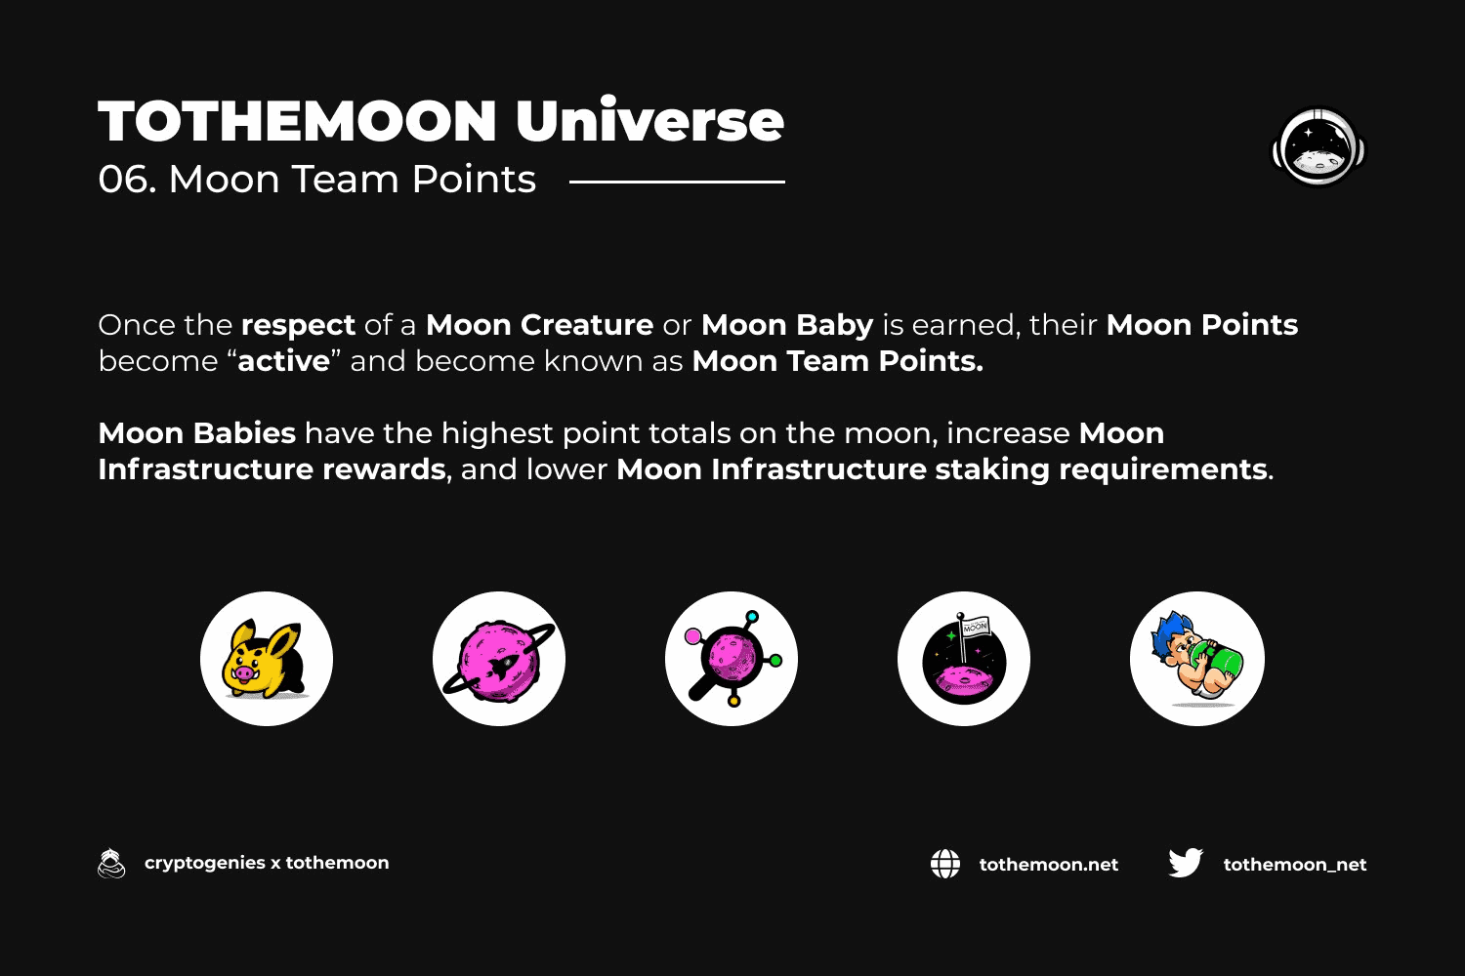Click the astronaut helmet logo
click(1318, 147)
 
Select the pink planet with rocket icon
click(499, 659)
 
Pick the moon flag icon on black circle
click(964, 659)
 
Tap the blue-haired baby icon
click(1196, 659)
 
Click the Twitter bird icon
click(1186, 863)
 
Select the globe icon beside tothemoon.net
click(945, 864)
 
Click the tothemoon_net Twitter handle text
click(1295, 864)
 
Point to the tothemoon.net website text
click(1048, 864)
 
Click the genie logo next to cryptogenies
click(111, 863)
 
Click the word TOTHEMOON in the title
click(298, 121)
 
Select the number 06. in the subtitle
click(128, 180)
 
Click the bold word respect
click(298, 326)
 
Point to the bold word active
click(284, 361)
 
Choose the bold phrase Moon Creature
click(539, 325)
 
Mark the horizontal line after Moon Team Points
click(677, 182)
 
